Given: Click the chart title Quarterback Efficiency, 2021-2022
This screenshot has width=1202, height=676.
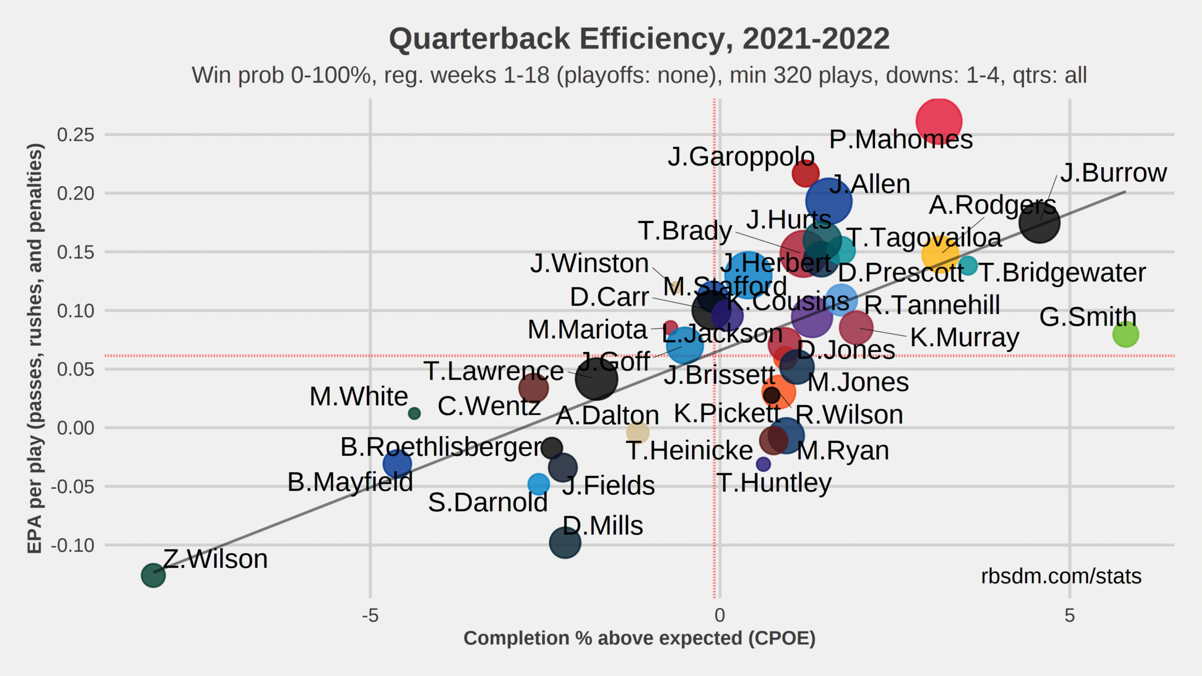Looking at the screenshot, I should tap(639, 39).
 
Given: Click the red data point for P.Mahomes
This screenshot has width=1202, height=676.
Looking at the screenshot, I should tap(938, 121).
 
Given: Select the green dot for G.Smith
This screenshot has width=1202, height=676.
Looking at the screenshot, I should tap(1125, 334).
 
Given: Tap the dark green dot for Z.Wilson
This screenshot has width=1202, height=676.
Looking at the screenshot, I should tap(153, 575).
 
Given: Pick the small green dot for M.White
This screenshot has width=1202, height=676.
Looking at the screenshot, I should tap(414, 413).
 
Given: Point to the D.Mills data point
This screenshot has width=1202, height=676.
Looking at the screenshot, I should tap(565, 543).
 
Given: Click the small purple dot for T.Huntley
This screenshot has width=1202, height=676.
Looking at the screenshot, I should tap(763, 464).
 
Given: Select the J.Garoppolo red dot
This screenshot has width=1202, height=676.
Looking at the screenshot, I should tap(805, 174).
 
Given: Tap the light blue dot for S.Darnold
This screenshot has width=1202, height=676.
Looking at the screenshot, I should tap(538, 484).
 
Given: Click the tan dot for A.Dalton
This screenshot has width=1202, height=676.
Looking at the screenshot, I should tap(637, 433).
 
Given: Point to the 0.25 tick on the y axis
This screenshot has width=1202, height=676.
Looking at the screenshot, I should tap(75, 135).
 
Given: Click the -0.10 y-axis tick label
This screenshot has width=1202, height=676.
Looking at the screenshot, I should tap(72, 546).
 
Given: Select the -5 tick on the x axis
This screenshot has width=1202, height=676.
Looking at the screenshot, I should tap(370, 615).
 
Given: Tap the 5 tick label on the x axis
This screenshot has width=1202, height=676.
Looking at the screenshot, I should tap(1069, 615).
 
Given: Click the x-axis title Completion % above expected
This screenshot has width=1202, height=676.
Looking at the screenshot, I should tap(639, 638).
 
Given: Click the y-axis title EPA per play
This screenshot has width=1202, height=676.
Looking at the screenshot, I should tap(35, 348).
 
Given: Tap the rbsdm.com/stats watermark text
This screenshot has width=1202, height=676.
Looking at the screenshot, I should tap(1061, 576).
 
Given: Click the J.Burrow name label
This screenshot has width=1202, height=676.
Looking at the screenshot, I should tap(1113, 173).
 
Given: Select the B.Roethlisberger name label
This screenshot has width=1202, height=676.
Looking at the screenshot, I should tap(441, 447).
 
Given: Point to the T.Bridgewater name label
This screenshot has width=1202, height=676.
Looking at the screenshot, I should tap(1062, 272).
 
